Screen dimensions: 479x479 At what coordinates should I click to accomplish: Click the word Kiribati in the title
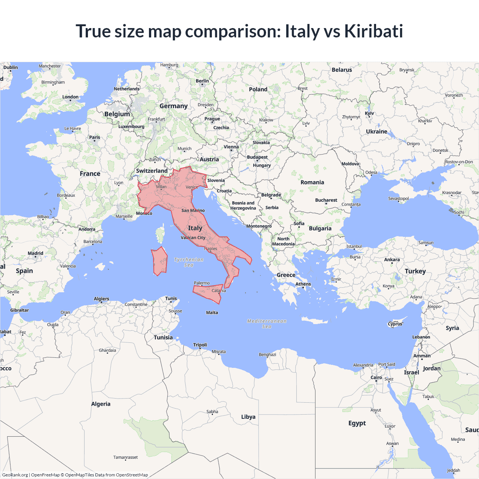373,31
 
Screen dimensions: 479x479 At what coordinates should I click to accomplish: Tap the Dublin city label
10,68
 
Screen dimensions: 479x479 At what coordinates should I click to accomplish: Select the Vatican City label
193,238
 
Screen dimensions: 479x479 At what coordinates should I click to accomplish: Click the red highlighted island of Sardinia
160,261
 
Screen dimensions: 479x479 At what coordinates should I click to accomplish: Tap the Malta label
212,312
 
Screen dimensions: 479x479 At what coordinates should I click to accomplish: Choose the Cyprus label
395,324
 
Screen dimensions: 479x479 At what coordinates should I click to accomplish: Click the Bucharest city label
326,200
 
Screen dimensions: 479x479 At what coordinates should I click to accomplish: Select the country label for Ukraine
376,132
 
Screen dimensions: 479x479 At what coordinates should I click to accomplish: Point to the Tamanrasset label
125,457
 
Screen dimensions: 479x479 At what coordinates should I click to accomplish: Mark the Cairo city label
376,378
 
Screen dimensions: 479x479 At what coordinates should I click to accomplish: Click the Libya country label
248,417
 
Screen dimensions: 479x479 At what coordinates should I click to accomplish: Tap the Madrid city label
36,253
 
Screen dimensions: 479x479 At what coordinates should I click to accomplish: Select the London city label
70,97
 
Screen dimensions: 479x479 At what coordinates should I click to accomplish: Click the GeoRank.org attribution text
15,475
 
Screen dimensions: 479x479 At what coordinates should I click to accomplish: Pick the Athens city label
303,284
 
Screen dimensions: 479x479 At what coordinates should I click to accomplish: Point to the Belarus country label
342,70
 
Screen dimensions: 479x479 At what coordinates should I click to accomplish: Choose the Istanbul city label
354,246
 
